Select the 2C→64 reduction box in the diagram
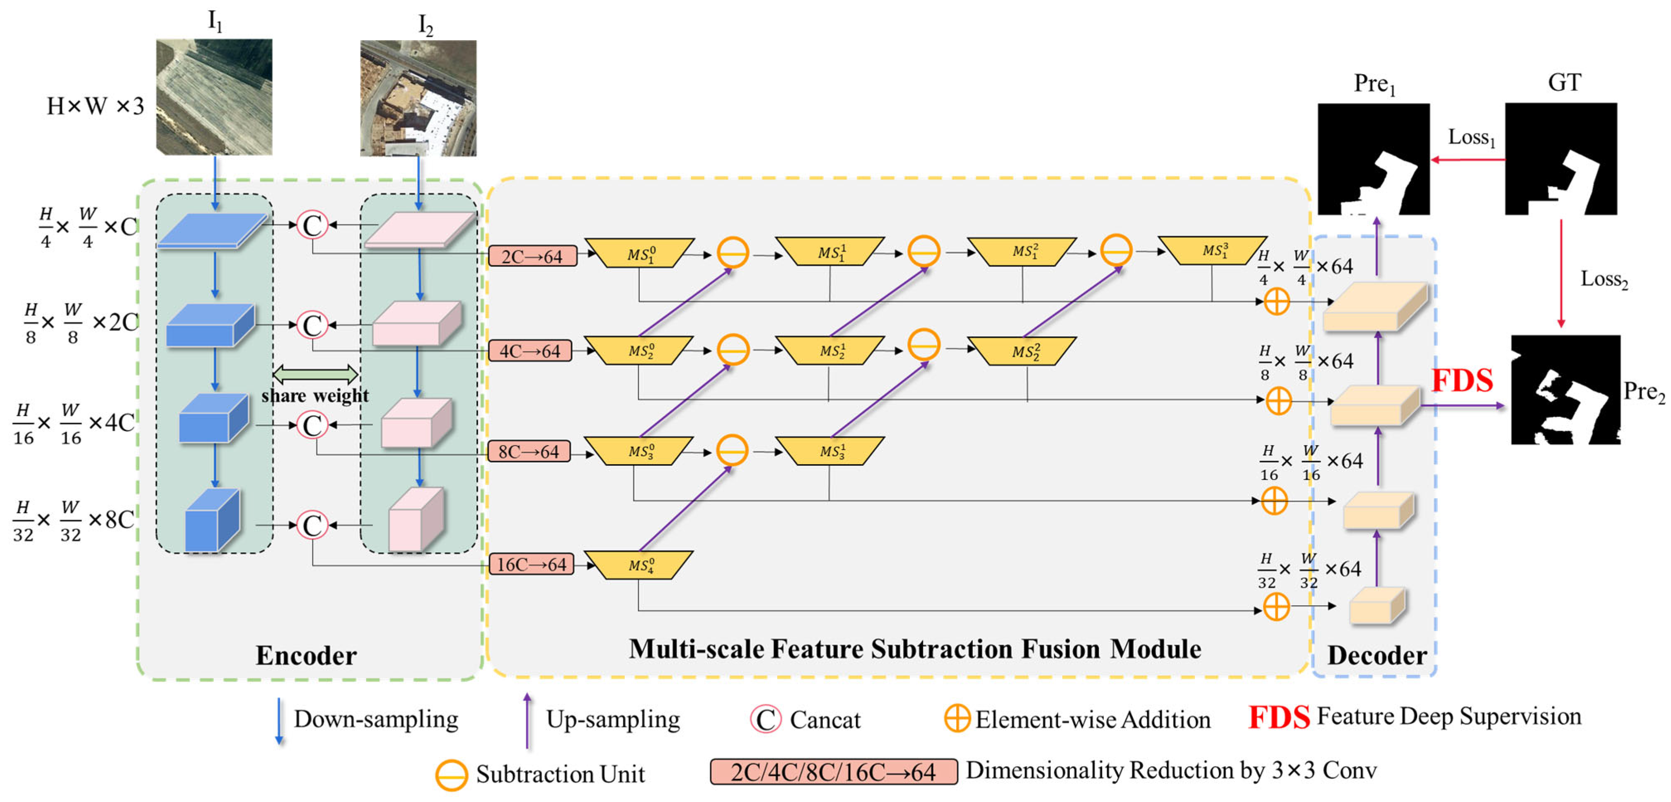[x=532, y=256]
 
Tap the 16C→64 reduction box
[x=531, y=564]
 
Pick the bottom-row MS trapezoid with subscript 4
[x=639, y=565]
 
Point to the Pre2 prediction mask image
[x=1565, y=389]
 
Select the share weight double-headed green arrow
[x=315, y=374]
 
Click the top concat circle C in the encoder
[x=312, y=225]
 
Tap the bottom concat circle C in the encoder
[x=312, y=525]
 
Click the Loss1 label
[x=1471, y=138]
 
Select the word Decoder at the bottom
[x=1376, y=655]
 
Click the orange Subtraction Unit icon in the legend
[x=451, y=775]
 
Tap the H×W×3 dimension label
[x=95, y=106]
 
